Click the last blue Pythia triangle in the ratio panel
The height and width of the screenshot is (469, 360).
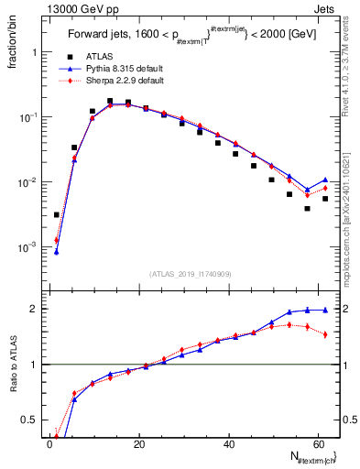tap(325, 310)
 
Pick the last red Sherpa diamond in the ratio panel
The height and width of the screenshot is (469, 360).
tap(325, 334)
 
